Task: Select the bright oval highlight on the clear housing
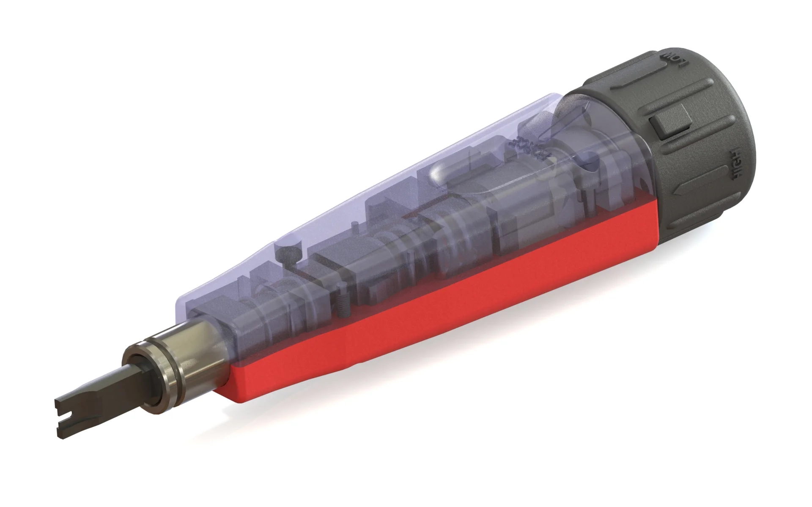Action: tap(440, 172)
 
